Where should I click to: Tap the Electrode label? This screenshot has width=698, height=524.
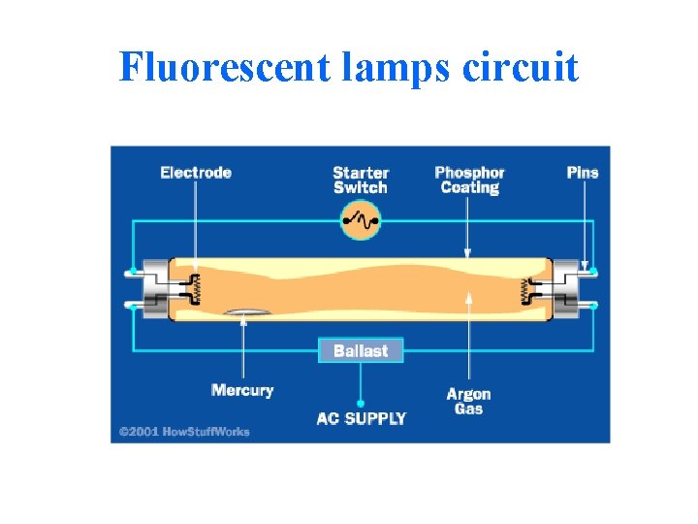(x=196, y=173)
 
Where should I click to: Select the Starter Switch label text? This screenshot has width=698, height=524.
(x=360, y=180)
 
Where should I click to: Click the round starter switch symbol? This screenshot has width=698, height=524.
(x=360, y=221)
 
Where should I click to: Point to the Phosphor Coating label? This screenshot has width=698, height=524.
(x=469, y=180)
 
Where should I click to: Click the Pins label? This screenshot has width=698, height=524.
(x=583, y=173)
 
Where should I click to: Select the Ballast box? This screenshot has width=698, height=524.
(x=361, y=350)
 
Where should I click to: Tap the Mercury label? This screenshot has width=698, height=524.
(x=242, y=390)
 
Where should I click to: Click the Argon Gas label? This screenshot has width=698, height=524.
(x=468, y=401)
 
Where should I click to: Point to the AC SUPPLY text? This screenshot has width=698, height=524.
(x=362, y=419)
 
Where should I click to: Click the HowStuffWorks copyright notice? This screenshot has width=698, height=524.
(x=184, y=431)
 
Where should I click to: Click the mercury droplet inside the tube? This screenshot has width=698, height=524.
(x=242, y=311)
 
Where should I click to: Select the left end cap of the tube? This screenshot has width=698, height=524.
(x=157, y=288)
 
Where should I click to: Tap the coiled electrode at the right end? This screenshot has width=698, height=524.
(x=526, y=288)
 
